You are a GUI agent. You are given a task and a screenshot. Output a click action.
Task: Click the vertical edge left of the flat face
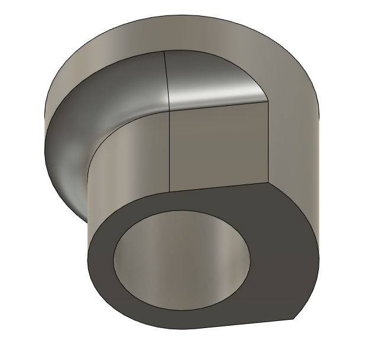click(x=170, y=151)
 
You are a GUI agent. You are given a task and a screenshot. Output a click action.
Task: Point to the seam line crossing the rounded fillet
click(x=166, y=77)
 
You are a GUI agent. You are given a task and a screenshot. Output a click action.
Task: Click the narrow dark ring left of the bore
click(x=101, y=260)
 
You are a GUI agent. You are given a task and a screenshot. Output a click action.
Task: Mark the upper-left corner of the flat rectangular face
click(x=170, y=110)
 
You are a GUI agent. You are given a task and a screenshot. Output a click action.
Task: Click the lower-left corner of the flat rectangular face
click(x=170, y=192)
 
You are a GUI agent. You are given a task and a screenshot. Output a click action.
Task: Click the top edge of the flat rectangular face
click(x=219, y=105)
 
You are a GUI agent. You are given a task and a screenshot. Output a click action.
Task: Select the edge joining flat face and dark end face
click(x=219, y=187)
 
